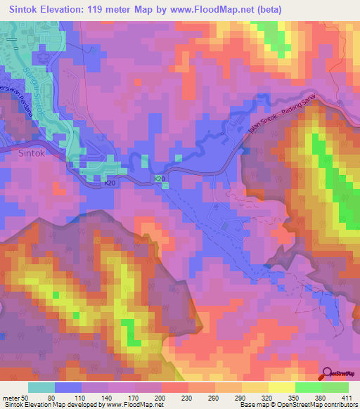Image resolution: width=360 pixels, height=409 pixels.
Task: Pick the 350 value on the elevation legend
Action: click(272, 398)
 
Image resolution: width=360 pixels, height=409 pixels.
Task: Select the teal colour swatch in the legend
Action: click(41, 387)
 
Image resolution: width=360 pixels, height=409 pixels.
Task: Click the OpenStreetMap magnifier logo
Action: click(326, 374)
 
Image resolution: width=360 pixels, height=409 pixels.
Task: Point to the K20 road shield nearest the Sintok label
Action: click(110, 183)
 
